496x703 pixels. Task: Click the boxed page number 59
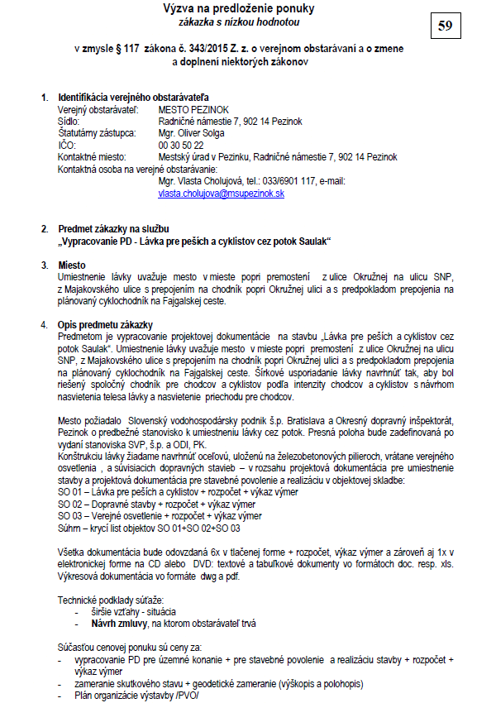[x=446, y=26]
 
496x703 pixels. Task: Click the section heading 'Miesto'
[x=72, y=264]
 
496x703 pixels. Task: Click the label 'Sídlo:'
[x=71, y=121]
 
